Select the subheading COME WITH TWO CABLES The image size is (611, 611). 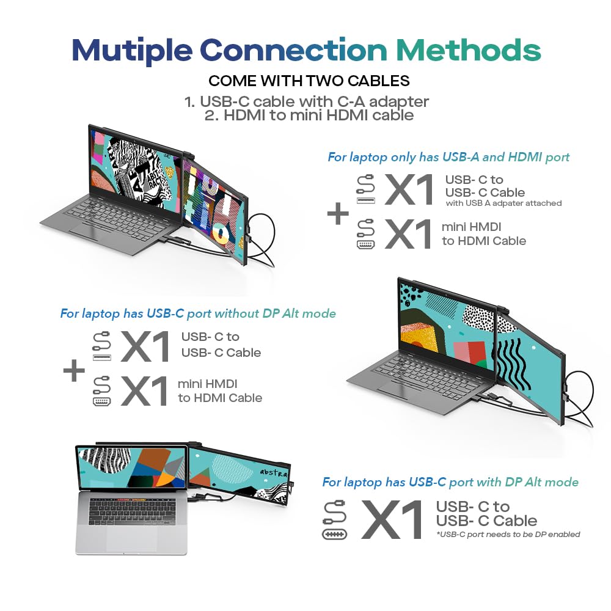309,81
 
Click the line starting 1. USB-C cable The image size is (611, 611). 307,101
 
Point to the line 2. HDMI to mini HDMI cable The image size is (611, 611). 309,115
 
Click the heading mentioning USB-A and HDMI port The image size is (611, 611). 448,157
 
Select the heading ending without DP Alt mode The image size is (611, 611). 198,313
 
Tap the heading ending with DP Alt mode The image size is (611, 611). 450,482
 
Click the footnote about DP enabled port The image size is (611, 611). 508,535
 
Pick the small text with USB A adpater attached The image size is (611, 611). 503,203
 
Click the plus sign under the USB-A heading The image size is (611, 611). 338,215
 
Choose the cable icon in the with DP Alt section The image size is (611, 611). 335,520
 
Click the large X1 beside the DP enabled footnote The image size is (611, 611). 392,519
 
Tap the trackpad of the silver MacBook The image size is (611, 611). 131,538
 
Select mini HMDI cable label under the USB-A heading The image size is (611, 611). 483,234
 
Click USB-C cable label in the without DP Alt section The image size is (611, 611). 221,345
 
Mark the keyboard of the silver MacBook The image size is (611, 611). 131,511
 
